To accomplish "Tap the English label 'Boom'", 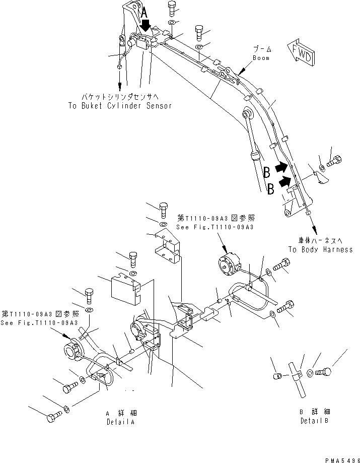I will (x=261, y=58).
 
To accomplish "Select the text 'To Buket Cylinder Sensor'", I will (x=120, y=106).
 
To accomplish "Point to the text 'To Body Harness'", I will (x=320, y=249).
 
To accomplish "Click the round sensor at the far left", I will (x=71, y=351).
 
